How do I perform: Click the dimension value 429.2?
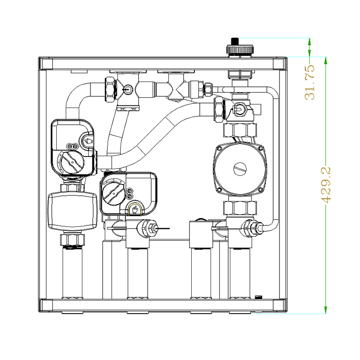pyautogui.click(x=327, y=184)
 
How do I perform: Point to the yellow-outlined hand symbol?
pyautogui.click(x=134, y=209)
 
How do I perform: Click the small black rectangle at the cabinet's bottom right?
pyautogui.click(x=258, y=297)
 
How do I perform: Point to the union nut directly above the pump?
pyautogui.click(x=240, y=130)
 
